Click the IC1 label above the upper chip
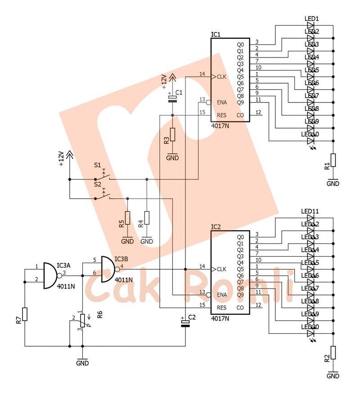pyautogui.click(x=216, y=35)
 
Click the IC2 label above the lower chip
pyautogui.click(x=216, y=227)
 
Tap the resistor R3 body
pyautogui.click(x=172, y=135)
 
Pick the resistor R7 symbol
pyautogui.click(x=25, y=314)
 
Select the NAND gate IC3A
pyautogui.click(x=50, y=275)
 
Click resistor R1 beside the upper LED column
pyautogui.click(x=333, y=160)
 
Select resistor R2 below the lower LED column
pyautogui.click(x=333, y=352)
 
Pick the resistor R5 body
pyautogui.click(x=127, y=218)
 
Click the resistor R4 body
pyautogui.click(x=147, y=218)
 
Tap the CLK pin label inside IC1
pyautogui.click(x=221, y=76)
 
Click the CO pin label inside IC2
pyautogui.click(x=240, y=308)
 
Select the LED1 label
pyautogui.click(x=312, y=19)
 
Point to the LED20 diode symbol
pyautogui.click(x=310, y=334)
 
